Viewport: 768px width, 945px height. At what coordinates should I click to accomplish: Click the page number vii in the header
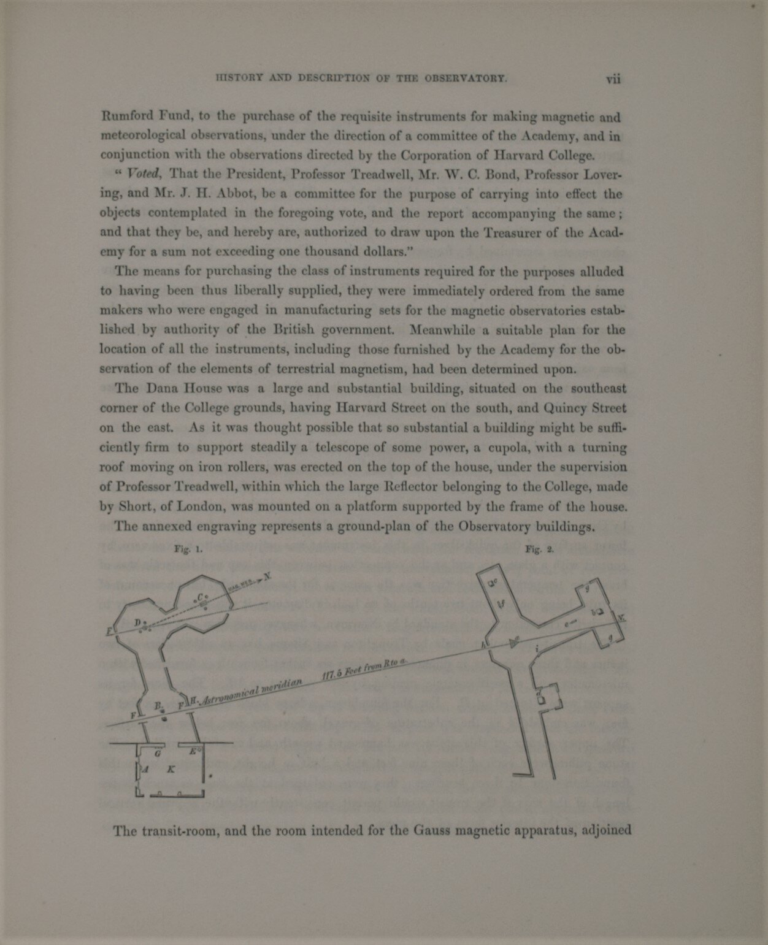(613, 79)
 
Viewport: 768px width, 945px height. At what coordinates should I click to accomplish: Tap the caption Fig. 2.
(540, 550)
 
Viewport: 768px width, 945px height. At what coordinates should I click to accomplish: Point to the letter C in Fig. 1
(200, 597)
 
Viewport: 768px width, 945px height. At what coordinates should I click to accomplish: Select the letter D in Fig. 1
(137, 623)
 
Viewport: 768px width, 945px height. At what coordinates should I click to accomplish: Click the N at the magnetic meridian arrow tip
(267, 576)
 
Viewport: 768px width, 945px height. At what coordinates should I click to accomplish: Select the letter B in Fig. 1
(158, 706)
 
